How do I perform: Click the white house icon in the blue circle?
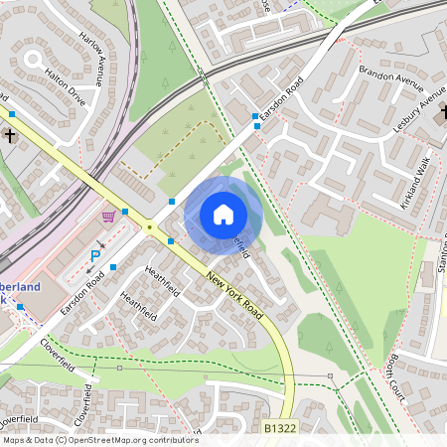coord(223,214)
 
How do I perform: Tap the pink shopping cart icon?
coord(109,216)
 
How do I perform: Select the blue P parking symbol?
coord(95,256)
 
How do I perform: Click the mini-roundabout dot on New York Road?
coord(150,226)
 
